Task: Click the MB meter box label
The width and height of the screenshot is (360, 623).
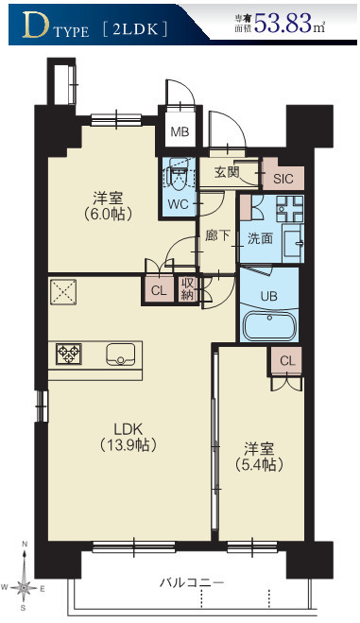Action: click(x=180, y=131)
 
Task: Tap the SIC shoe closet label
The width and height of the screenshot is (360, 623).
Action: click(x=283, y=179)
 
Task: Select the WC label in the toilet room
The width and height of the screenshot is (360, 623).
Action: click(x=178, y=204)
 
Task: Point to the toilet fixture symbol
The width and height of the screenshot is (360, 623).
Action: click(x=178, y=175)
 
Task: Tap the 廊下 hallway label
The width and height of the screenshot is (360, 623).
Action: click(x=217, y=235)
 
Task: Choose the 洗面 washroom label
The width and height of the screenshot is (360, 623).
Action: click(x=260, y=238)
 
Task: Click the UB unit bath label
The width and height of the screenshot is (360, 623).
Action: click(x=268, y=296)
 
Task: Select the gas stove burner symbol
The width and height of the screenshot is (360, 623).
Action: click(x=69, y=354)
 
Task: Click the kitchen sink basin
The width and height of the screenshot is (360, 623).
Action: click(x=120, y=354)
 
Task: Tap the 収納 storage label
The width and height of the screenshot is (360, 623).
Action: click(x=187, y=289)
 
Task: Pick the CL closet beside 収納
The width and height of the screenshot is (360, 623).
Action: click(x=159, y=290)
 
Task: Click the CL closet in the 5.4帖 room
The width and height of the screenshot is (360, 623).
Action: click(x=287, y=361)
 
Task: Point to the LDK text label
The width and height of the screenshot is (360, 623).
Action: click(x=128, y=429)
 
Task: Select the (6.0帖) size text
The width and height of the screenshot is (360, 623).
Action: click(x=108, y=214)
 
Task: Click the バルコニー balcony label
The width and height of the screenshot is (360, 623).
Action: click(x=192, y=583)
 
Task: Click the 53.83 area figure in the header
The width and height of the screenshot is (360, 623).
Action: click(x=283, y=23)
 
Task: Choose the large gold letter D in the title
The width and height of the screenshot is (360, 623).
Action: click(x=36, y=25)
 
